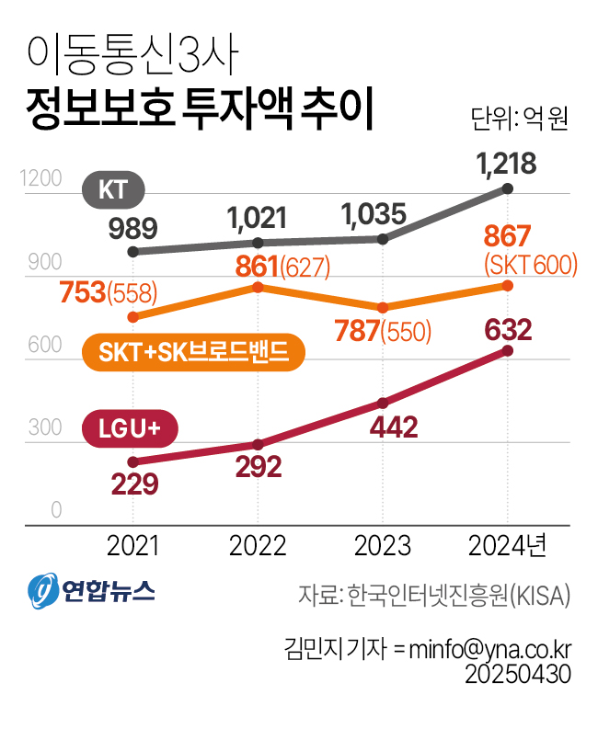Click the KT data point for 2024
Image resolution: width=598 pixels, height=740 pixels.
tap(509, 189)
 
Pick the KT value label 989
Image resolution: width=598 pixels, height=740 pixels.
tap(132, 227)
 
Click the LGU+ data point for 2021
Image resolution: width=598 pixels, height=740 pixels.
tap(133, 461)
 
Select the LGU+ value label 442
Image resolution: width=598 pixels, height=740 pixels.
tap(383, 427)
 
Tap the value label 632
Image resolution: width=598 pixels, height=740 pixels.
tap(507, 328)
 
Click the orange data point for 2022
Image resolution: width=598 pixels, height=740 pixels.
tap(259, 288)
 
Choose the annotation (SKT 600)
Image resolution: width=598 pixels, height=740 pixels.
tap(530, 266)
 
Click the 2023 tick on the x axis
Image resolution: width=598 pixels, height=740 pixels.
tap(383, 546)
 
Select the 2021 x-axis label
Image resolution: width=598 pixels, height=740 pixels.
tap(133, 546)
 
